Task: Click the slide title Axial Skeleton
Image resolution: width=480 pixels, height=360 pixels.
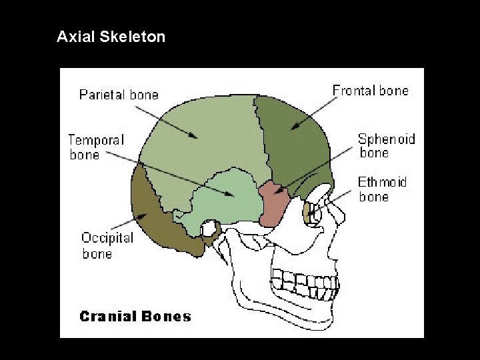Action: point(111,37)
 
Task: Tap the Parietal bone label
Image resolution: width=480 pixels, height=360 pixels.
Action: point(119,95)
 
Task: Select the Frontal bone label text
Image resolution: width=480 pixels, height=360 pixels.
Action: point(370,90)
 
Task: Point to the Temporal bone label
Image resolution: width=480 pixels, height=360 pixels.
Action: point(95,147)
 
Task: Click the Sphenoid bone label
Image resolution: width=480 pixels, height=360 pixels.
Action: point(386,146)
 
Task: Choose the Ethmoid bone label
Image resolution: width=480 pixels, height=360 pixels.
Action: point(382,189)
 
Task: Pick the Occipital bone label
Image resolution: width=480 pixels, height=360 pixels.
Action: point(107,245)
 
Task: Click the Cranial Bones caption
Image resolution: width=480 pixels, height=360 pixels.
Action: point(135,316)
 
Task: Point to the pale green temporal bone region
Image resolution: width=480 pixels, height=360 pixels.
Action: point(227,200)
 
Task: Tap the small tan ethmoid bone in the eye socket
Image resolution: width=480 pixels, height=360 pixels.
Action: point(307,213)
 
